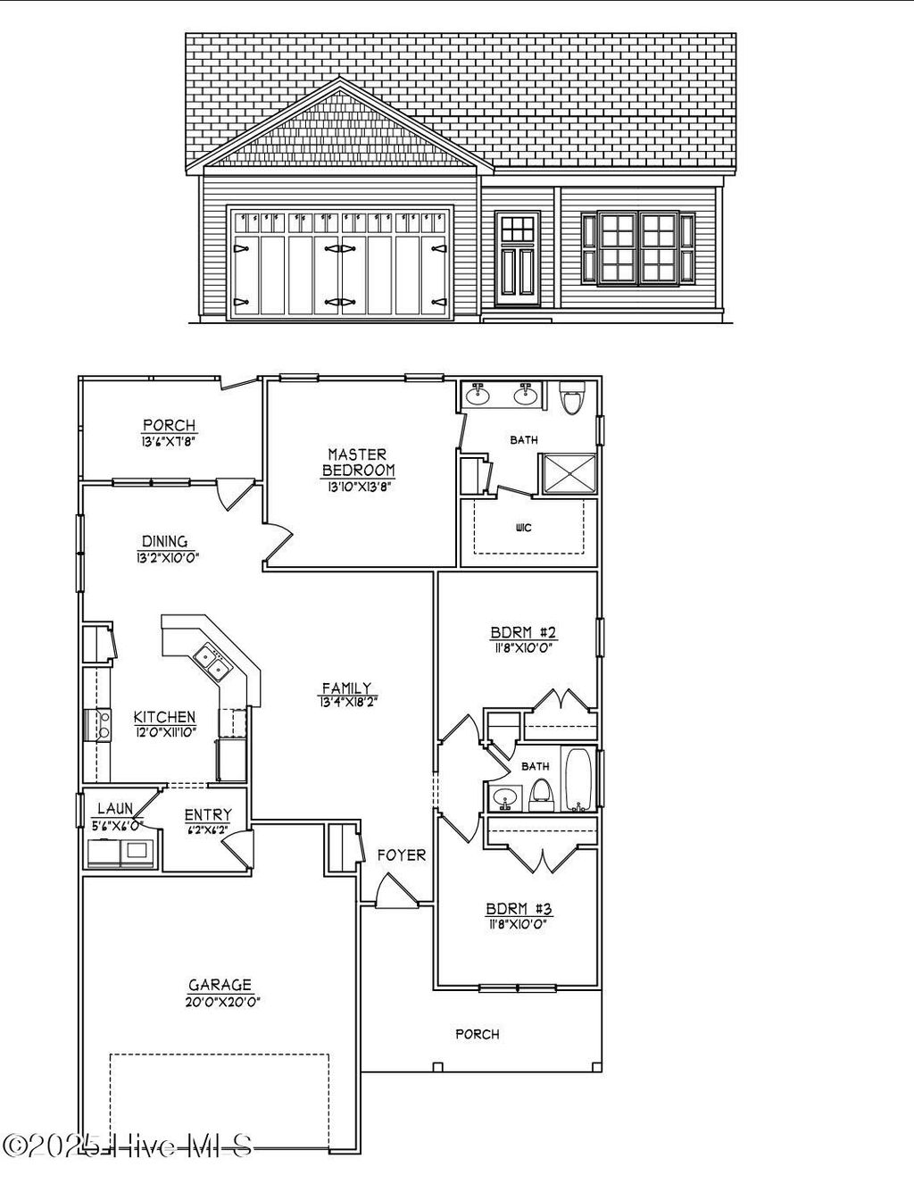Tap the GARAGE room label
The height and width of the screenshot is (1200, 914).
(x=220, y=984)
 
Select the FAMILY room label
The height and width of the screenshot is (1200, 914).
(x=346, y=687)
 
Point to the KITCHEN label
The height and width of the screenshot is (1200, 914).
(x=164, y=716)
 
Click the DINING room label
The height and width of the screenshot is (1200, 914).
(x=164, y=541)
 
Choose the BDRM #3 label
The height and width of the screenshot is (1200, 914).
(x=519, y=909)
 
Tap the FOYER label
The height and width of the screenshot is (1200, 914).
(x=401, y=854)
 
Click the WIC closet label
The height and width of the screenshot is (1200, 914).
(x=524, y=528)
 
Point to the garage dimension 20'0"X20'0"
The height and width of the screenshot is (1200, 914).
(x=220, y=1001)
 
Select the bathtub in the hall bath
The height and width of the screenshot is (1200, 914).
(x=577, y=779)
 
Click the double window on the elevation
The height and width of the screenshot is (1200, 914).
(x=637, y=248)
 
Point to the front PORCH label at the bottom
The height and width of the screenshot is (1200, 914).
(x=478, y=1034)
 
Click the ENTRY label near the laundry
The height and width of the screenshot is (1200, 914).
(x=207, y=814)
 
